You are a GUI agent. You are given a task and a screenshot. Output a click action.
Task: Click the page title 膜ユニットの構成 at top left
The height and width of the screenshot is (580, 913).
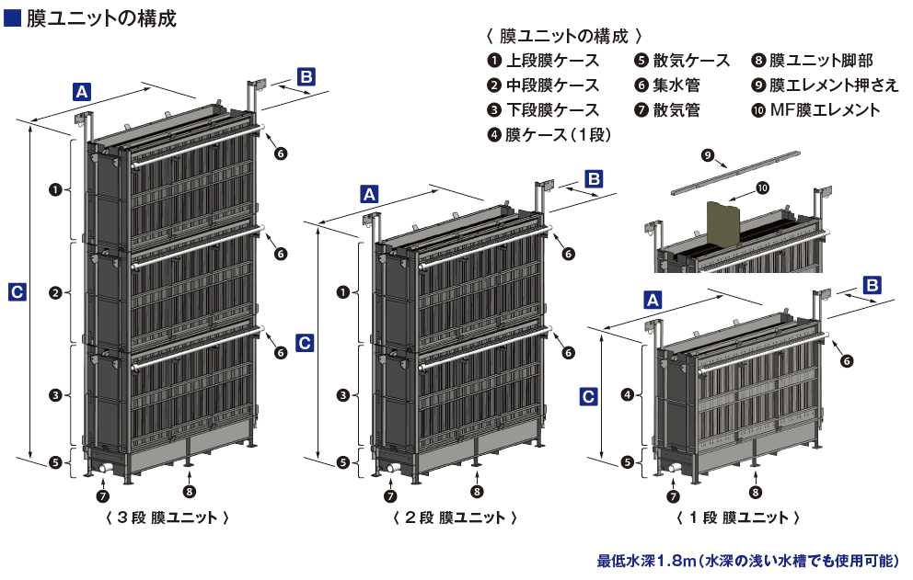101,17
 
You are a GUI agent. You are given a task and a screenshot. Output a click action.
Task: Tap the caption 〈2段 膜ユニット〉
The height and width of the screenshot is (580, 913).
449,517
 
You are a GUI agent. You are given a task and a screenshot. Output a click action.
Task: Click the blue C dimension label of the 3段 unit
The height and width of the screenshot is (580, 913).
17,292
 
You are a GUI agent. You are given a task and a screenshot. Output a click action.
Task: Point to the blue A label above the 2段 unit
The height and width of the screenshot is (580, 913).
369,194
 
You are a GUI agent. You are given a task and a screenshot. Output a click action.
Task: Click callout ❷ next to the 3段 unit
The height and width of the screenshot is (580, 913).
54,293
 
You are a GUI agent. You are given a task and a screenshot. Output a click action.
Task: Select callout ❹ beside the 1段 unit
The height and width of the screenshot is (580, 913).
628,394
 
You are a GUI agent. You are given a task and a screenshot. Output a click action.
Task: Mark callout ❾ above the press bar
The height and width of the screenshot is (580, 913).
707,156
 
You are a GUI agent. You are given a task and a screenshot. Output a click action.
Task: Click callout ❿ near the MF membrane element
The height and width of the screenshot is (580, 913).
762,188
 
